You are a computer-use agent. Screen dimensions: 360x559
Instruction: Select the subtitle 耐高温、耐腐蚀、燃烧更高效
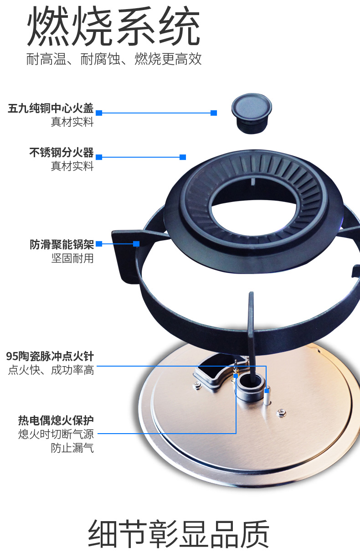pos(114,59)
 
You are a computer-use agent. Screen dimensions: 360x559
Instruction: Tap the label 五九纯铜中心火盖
pos(51,109)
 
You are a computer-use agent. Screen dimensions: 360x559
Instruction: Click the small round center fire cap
pos(252,114)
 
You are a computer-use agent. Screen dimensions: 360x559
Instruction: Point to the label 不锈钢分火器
pos(62,152)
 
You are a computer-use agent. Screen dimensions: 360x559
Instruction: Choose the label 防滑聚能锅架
pos(62,244)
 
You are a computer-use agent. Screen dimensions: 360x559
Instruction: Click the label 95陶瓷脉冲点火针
pos(50,356)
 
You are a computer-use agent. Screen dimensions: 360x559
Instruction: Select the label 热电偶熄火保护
pos(56,420)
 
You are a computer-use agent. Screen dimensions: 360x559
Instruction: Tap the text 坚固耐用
pos(72,258)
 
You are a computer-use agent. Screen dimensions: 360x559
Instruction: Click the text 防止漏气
pos(72,448)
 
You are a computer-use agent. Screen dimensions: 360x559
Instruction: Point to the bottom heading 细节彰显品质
pos(179,534)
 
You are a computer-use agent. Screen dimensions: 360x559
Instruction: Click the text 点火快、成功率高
pos(51,370)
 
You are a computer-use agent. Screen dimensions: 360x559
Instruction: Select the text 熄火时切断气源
pos(56,434)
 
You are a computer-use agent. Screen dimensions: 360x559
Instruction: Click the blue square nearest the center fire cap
pos(214,113)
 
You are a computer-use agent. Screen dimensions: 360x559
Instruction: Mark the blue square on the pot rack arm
pos(136,244)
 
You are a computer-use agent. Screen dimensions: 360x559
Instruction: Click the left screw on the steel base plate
pos(197,386)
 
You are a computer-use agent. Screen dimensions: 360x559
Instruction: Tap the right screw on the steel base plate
pos(282,413)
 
